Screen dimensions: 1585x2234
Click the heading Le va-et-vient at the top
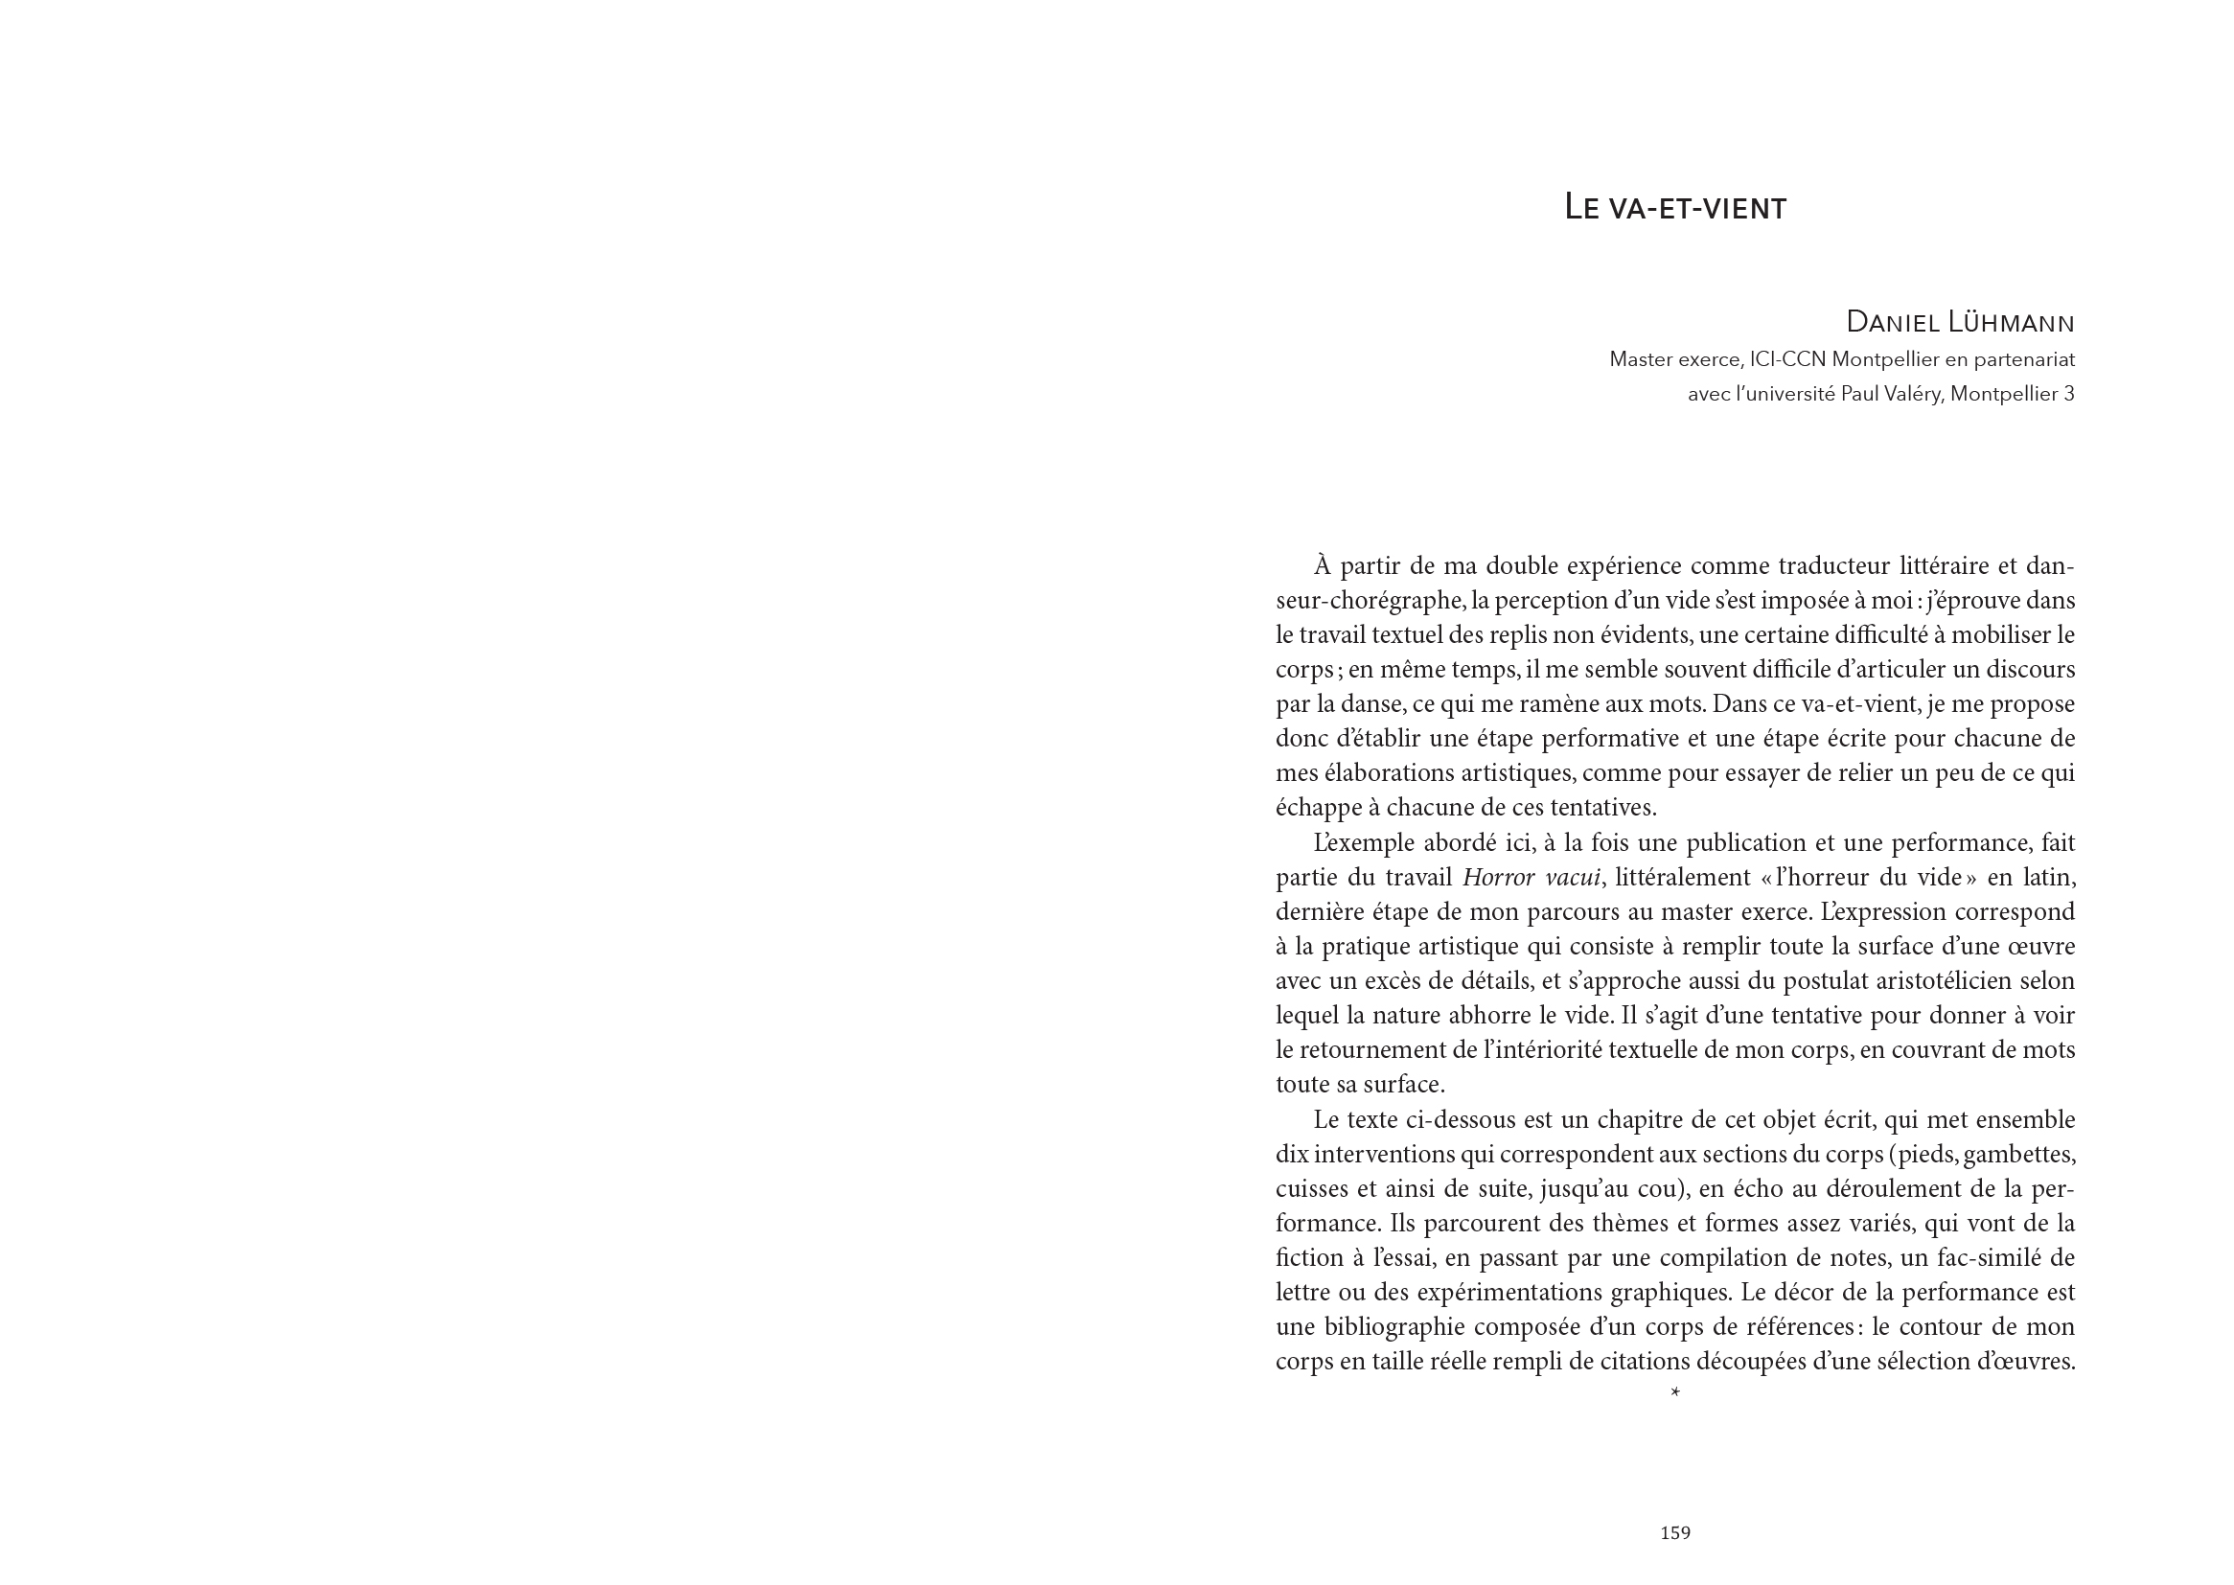(x=1673, y=208)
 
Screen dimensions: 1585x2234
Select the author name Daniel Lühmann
(x=1960, y=321)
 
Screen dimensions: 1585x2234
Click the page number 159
(x=1674, y=1533)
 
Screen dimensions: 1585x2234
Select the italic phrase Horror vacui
(x=1532, y=878)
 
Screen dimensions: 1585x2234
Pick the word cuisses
(x=1309, y=1188)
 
